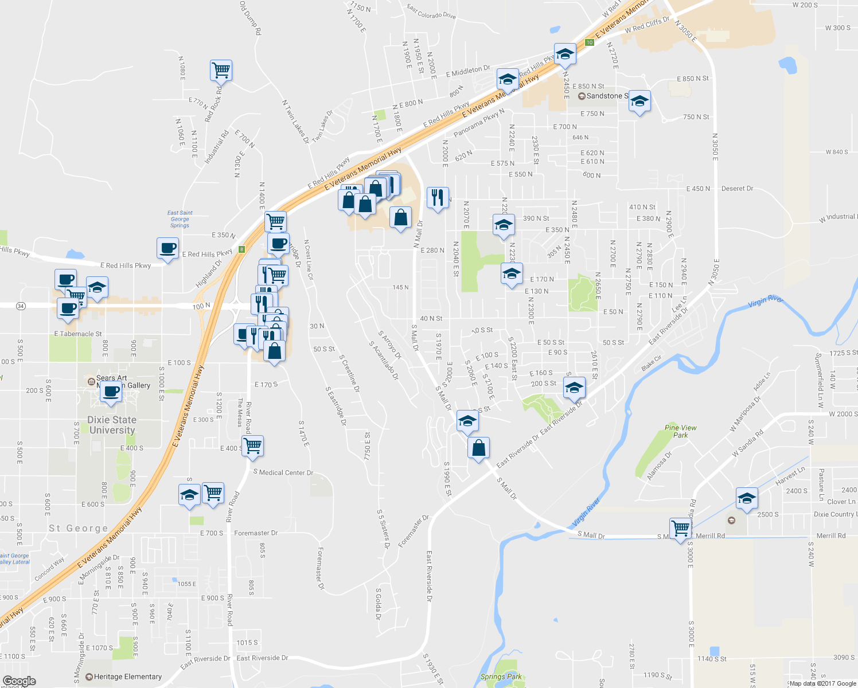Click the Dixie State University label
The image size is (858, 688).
[112, 425]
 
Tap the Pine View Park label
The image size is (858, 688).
[680, 431]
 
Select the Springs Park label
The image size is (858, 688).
[501, 677]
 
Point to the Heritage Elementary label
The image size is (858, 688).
[127, 677]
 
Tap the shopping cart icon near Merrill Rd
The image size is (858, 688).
[680, 528]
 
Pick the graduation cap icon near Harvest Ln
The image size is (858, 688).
[747, 498]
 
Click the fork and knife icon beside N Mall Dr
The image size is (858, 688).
[438, 198]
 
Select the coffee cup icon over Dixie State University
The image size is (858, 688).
[112, 392]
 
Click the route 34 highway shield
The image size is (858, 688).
[21, 306]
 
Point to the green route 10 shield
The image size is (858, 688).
[589, 42]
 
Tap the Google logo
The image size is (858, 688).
[19, 681]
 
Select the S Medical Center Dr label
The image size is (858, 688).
[283, 472]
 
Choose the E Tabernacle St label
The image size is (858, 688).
[78, 334]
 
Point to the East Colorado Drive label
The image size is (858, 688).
[431, 11]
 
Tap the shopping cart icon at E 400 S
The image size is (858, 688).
[252, 445]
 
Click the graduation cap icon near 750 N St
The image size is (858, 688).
[639, 102]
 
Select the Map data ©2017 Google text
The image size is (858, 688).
[822, 683]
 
